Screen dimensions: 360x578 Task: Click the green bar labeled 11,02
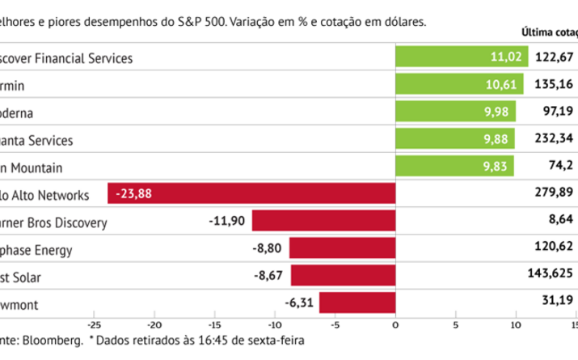point(461,57)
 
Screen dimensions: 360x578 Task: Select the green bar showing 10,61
point(458,84)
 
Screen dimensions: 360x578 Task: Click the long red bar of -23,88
point(251,194)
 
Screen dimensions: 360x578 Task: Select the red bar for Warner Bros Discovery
point(323,222)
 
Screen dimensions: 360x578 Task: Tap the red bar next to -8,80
point(343,249)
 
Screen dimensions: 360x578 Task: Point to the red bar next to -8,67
point(344,277)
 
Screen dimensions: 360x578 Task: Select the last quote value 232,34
point(555,139)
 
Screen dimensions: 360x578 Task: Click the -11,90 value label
point(229,222)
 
